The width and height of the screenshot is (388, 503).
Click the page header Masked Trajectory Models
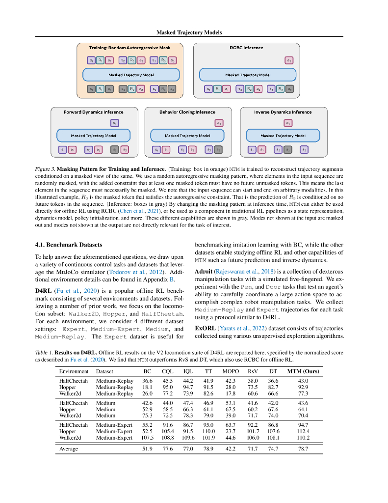pos(189,32)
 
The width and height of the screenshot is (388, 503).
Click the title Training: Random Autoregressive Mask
pos(129,48)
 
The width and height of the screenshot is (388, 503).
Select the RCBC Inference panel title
pos(246,48)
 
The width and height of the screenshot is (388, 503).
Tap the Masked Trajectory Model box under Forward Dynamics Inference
pos(93,136)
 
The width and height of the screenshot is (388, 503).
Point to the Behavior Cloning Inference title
pos(187,112)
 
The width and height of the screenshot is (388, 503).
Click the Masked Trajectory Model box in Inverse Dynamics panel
pos(283,136)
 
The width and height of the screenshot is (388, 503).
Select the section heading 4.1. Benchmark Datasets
pos(69,244)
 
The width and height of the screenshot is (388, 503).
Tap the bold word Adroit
pos(204,271)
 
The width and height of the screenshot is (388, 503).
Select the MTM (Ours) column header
pos(303,371)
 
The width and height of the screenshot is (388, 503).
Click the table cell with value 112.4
pos(303,431)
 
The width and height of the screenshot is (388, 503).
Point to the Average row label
pos(69,448)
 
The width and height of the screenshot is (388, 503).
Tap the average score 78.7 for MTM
pos(303,448)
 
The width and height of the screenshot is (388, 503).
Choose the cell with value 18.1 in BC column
pos(147,387)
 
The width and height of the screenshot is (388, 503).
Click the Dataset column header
pos(104,371)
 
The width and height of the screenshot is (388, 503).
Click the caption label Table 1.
pos(44,353)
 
